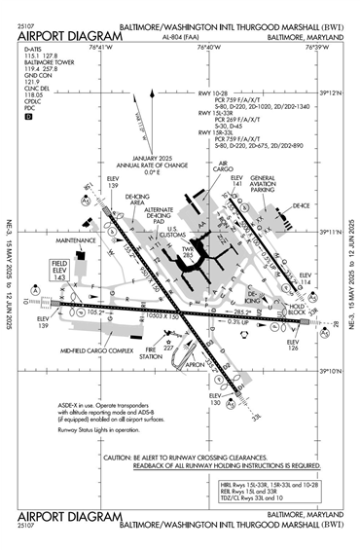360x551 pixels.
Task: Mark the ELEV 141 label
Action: (x=236, y=182)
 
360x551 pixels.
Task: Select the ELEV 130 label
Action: (x=216, y=400)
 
